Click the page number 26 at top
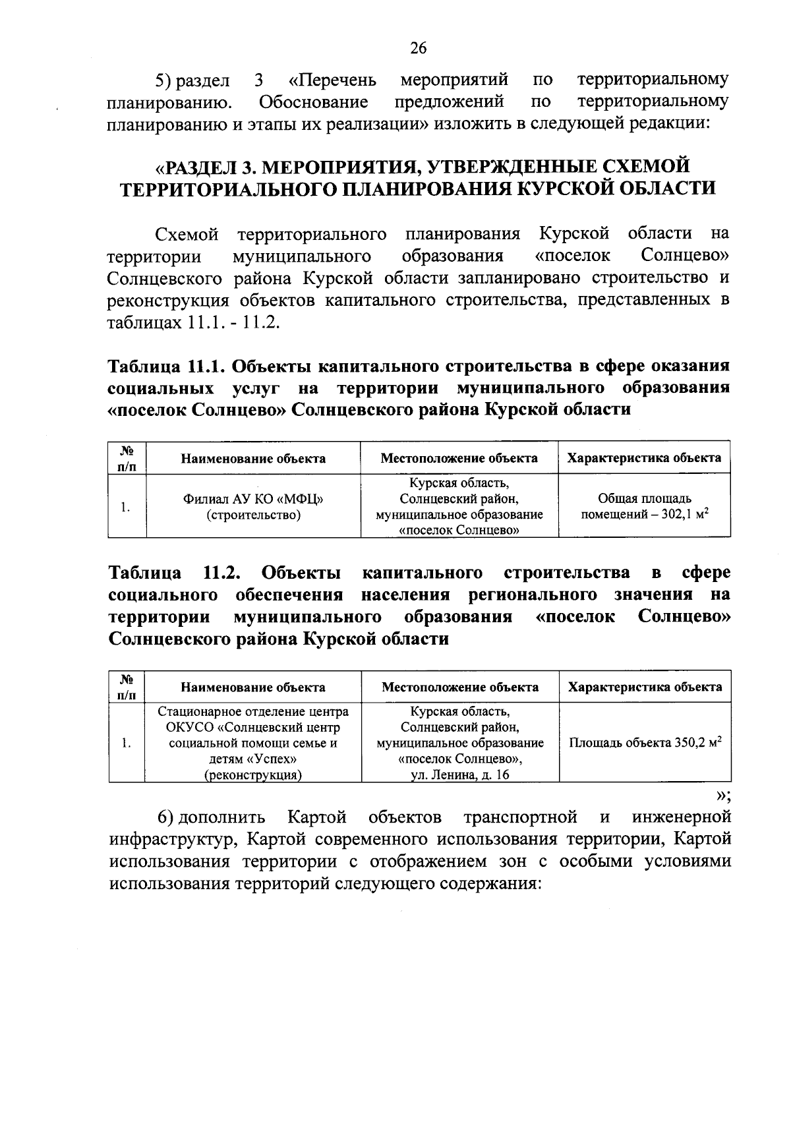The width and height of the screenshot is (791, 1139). click(418, 47)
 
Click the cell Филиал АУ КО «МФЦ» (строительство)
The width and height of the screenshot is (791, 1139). click(253, 507)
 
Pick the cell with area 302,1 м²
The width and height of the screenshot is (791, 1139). click(644, 507)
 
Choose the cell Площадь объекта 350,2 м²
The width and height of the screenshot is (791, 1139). click(644, 742)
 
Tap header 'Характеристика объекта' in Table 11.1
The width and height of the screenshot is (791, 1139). click(644, 457)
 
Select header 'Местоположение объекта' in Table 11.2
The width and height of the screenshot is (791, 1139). click(459, 687)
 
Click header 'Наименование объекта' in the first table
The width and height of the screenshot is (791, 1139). click(253, 458)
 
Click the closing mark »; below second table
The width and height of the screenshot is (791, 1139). click(722, 793)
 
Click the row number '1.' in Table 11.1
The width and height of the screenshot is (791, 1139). click(125, 507)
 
